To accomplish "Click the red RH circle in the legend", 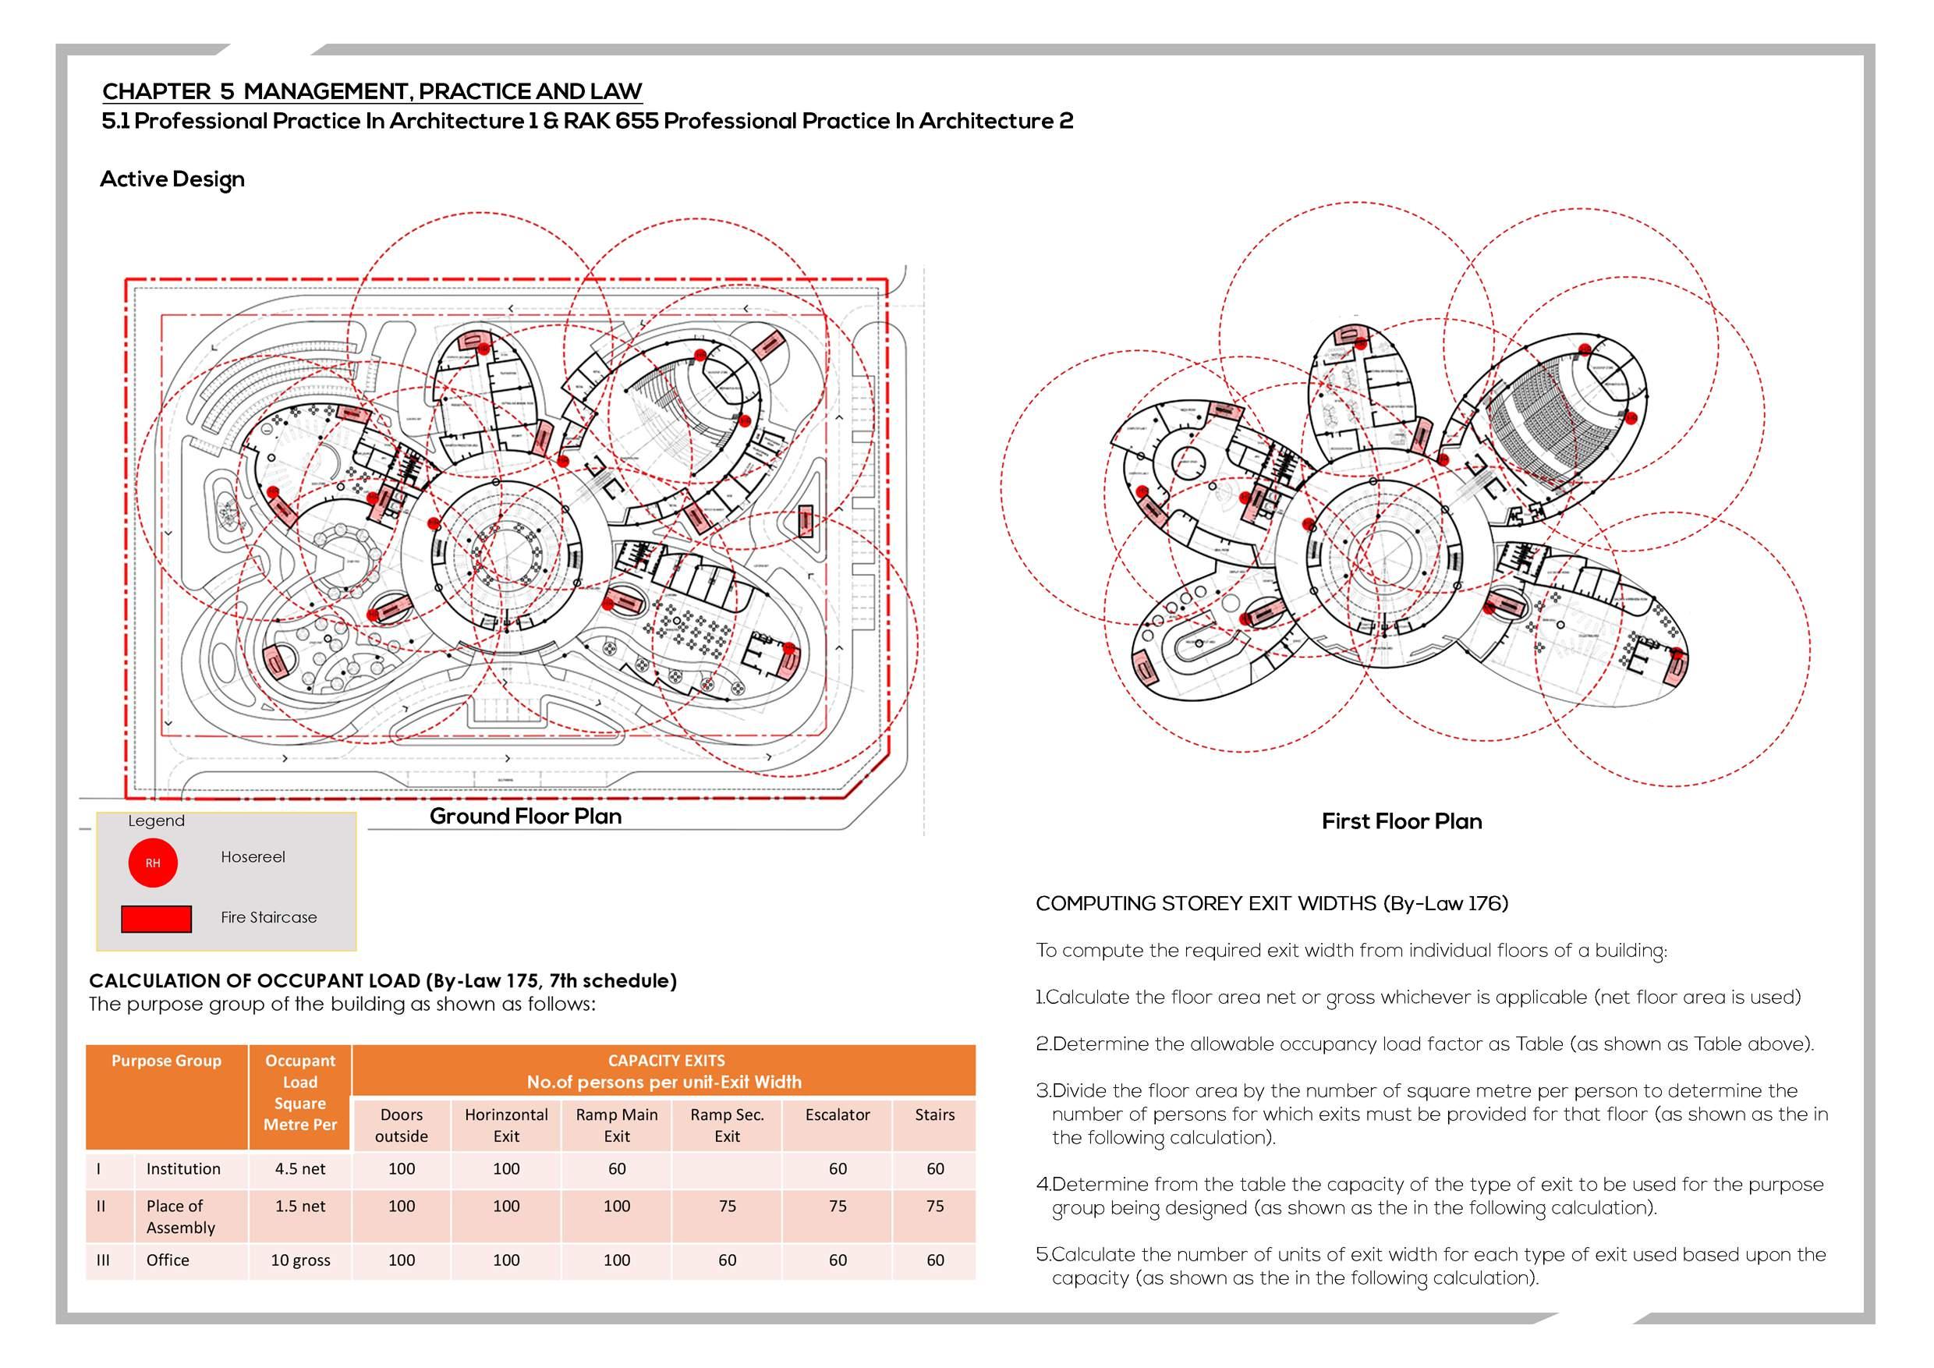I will pos(153,863).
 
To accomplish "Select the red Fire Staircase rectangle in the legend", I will pos(156,919).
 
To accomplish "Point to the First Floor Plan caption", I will pos(1401,821).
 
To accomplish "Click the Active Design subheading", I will pos(172,179).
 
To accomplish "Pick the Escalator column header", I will pos(838,1115).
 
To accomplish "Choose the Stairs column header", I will pos(935,1115).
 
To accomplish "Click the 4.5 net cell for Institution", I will pos(300,1168).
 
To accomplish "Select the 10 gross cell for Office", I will pos(300,1260).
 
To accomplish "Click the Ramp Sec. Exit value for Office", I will pos(727,1260).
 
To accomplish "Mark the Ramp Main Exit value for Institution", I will pos(617,1168).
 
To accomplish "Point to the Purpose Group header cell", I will pos(166,1061).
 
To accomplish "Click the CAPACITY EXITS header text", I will pos(666,1061).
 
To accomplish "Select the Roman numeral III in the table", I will pos(103,1260).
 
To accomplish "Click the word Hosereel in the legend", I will pos(253,856).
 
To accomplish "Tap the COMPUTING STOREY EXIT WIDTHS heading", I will pos(1272,904).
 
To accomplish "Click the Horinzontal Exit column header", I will pos(506,1125).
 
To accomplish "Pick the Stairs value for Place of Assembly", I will pos(935,1207).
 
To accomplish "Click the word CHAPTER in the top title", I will pos(157,91).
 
